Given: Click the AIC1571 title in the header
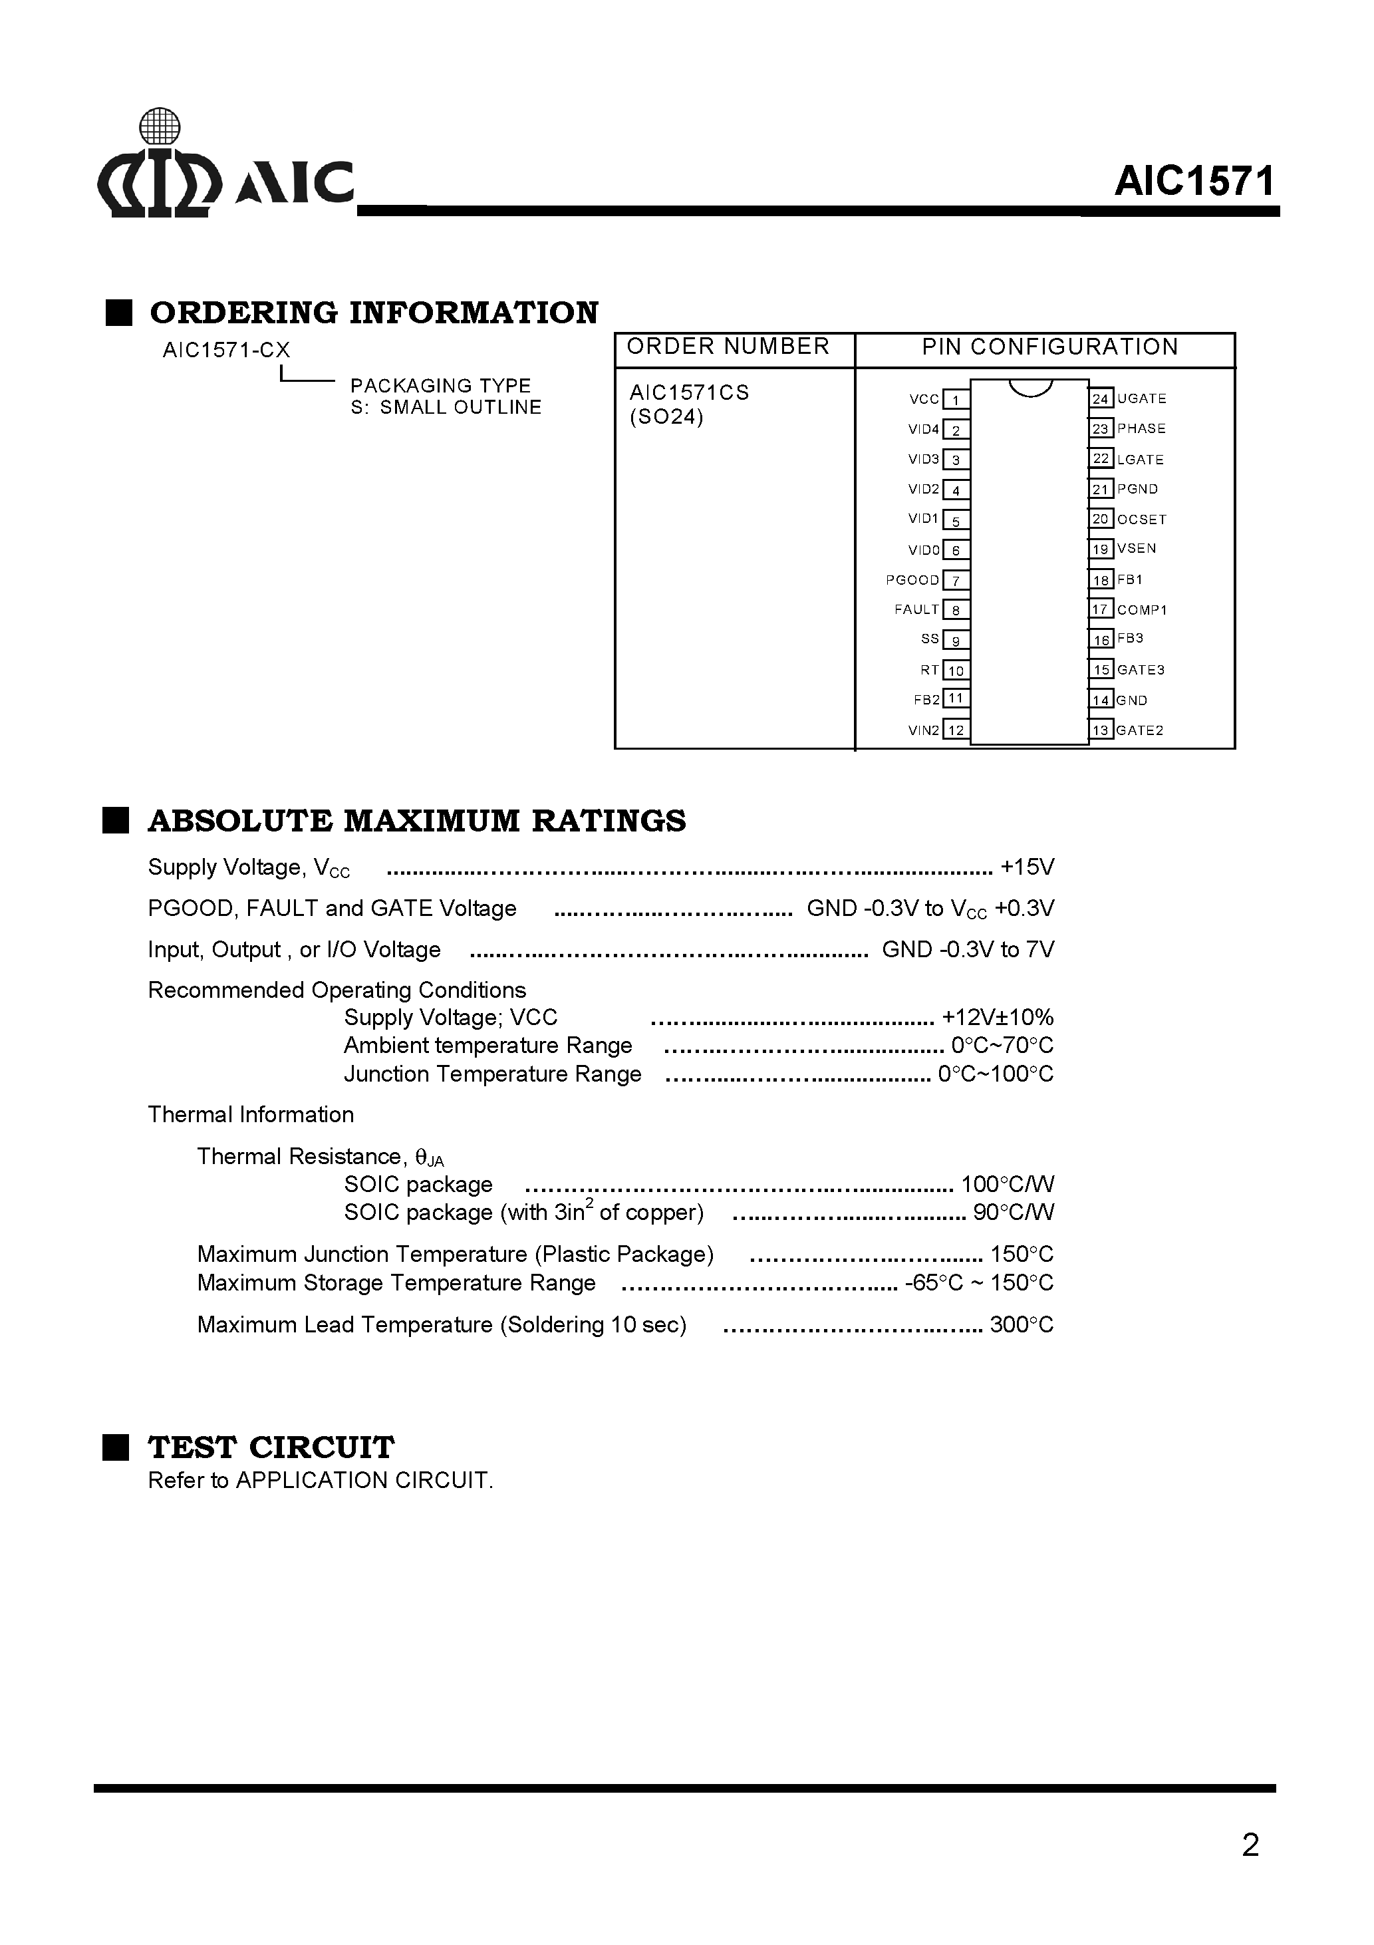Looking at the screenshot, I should [1194, 182].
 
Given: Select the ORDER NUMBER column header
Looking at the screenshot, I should [728, 347].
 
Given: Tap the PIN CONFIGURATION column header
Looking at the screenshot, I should [1049, 347].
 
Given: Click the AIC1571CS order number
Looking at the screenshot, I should [689, 393].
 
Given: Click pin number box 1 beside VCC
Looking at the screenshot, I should [956, 400].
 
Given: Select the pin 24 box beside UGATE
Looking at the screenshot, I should [1101, 399].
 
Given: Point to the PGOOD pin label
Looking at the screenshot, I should [912, 580].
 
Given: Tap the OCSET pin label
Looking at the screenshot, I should [1141, 520].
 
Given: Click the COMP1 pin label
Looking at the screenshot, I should [1141, 610].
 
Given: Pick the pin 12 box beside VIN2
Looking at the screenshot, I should [956, 730].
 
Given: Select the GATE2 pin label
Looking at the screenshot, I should [1139, 730].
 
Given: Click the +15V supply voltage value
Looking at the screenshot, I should [1027, 867].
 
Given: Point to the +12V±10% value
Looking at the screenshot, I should [998, 1017].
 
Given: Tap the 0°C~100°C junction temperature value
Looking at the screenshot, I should [996, 1074].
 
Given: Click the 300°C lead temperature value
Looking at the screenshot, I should [1022, 1325].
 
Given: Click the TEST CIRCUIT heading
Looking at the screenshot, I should [271, 1447].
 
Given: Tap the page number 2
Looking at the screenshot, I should [1250, 1845].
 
